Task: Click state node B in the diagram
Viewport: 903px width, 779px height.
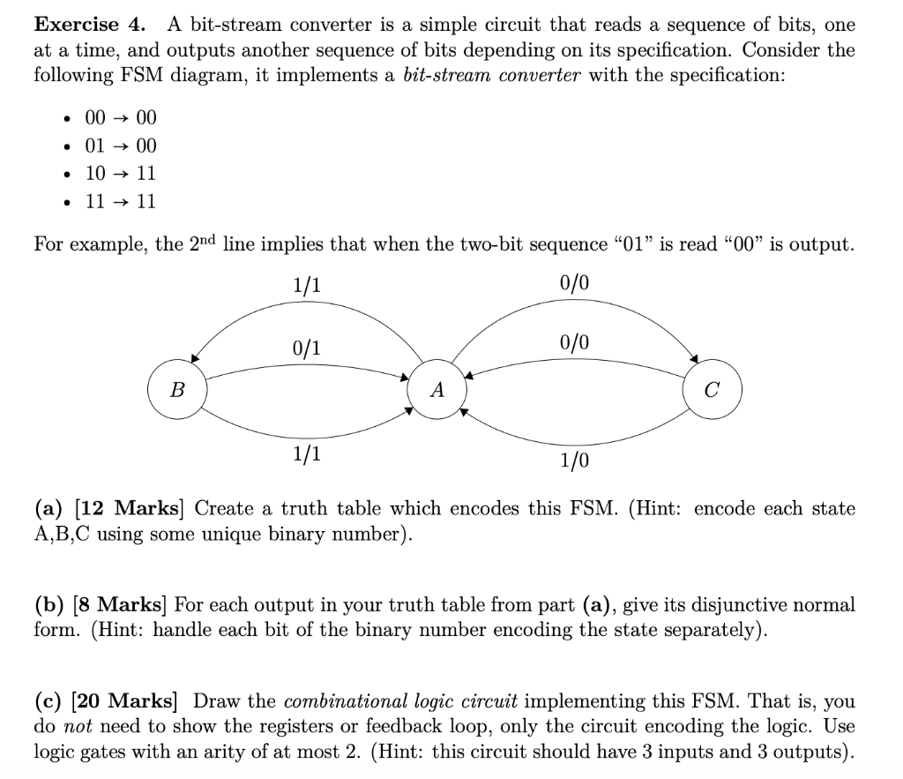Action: pos(178,389)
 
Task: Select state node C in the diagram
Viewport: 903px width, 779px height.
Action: pos(713,389)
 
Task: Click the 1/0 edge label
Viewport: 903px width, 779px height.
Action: pos(575,460)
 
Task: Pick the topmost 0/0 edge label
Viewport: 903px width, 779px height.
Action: pos(574,283)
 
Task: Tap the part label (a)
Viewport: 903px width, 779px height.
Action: pos(51,509)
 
